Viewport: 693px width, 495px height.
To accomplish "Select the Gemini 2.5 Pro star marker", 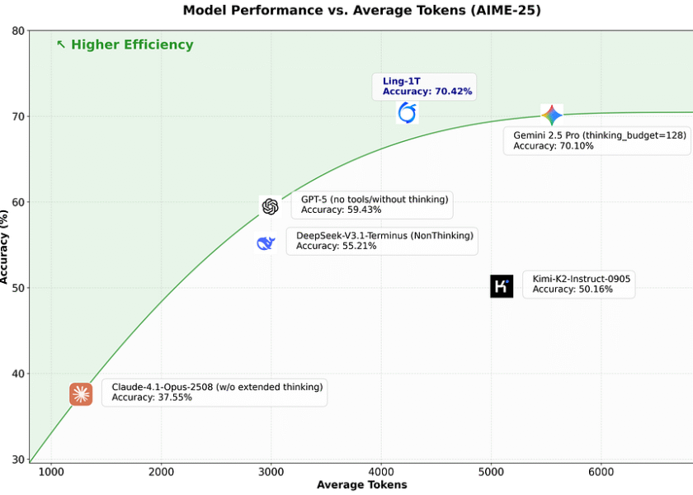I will [x=551, y=115].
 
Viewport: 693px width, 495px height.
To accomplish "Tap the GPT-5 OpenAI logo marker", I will [x=270, y=206].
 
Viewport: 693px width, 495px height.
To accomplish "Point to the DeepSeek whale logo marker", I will [x=266, y=243].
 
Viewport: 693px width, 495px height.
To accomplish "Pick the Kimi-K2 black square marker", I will [x=502, y=286].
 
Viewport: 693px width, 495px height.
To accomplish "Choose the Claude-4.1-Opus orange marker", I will [x=81, y=394].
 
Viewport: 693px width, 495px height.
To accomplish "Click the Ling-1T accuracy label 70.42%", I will [x=427, y=92].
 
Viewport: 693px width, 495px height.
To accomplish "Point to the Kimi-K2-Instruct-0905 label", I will [x=582, y=279].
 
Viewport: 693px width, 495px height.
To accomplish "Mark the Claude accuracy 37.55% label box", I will [x=214, y=392].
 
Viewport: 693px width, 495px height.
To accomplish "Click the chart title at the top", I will [x=356, y=11].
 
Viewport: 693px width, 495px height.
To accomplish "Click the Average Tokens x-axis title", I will [x=361, y=485].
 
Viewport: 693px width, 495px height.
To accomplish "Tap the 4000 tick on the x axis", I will [x=380, y=471].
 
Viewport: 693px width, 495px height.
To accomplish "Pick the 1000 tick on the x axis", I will [x=51, y=471].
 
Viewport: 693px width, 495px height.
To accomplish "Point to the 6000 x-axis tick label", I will [x=600, y=471].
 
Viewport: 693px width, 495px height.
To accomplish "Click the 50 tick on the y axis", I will [x=16, y=288].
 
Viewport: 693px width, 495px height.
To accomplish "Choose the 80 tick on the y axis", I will [x=16, y=31].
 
